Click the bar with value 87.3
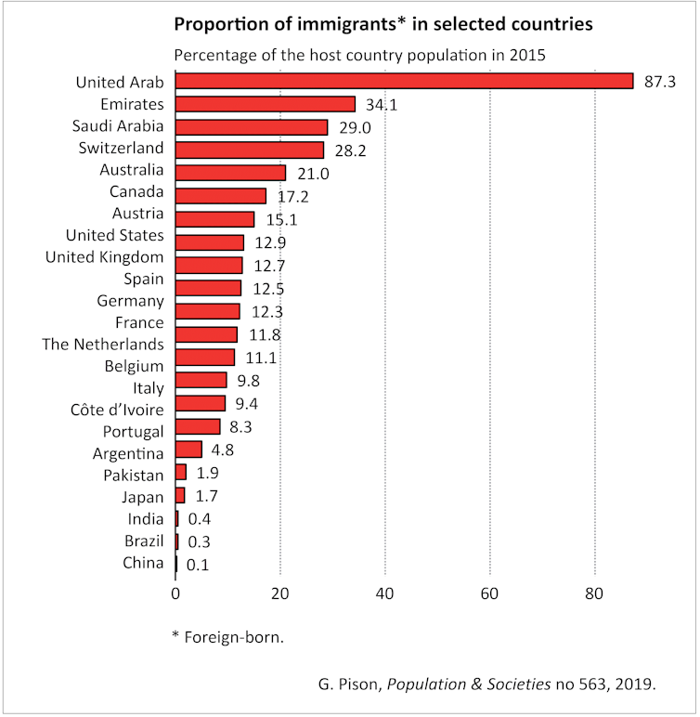404,81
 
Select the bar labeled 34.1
266,104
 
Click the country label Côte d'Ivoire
117,410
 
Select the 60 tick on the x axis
489,593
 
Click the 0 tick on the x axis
175,593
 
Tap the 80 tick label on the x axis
594,593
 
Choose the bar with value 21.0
230,172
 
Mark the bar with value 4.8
188,450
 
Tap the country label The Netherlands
103,345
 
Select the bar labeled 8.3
198,426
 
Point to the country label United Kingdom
105,257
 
